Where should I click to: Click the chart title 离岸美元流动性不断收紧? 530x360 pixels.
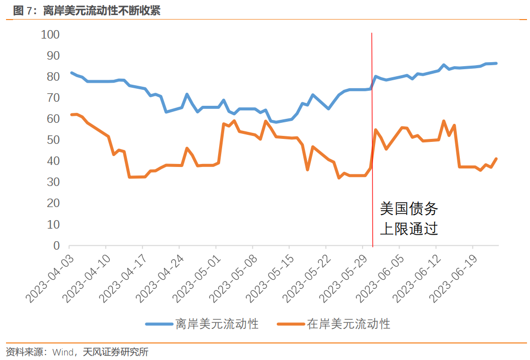click(95, 11)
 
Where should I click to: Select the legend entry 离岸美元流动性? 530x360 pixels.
click(217, 324)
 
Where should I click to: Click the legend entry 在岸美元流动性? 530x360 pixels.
click(348, 324)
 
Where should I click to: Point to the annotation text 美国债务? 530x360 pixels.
click(409, 209)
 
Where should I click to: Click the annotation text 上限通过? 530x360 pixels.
click(409, 229)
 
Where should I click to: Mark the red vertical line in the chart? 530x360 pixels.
click(372, 150)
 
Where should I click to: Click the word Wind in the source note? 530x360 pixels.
click(63, 352)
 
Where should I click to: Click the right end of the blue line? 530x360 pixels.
click(496, 63)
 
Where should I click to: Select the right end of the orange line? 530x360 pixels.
click(496, 159)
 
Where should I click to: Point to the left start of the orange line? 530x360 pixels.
click(71, 115)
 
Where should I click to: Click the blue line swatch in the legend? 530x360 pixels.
click(159, 324)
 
